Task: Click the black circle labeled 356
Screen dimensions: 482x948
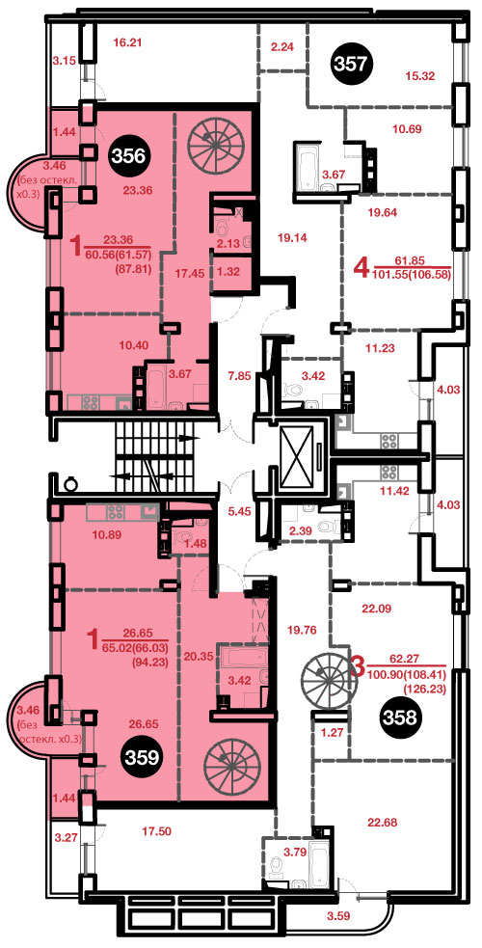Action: (128, 156)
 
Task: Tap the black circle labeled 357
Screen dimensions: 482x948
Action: (352, 63)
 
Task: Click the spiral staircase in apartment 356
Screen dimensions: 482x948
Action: (212, 140)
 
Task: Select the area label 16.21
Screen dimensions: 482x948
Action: (127, 42)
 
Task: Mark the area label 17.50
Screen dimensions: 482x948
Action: (156, 831)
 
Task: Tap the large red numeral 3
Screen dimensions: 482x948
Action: (358, 668)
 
